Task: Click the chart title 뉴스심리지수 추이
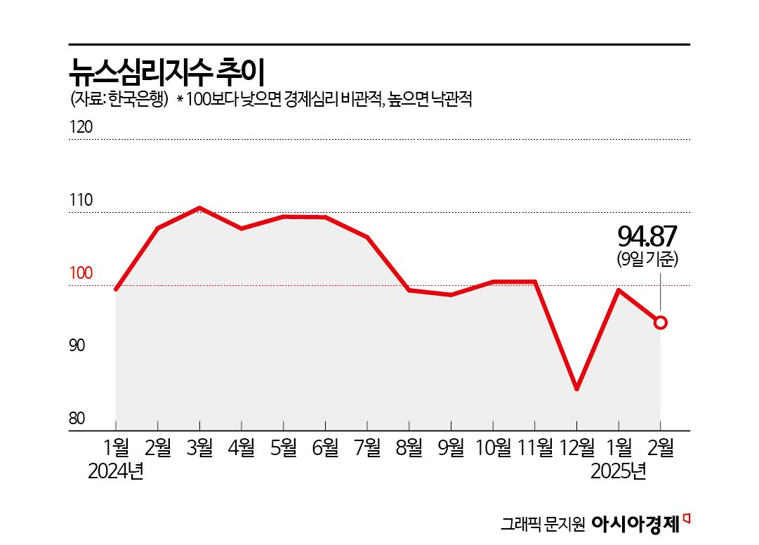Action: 166,69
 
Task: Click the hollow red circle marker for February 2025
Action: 661,322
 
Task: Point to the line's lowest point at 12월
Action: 576,388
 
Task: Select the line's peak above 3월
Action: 199,208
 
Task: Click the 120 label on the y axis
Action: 81,128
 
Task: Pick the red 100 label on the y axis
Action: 81,273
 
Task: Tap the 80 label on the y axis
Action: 77,419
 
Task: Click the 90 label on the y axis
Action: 77,346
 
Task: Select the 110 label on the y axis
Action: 81,201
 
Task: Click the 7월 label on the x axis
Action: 367,447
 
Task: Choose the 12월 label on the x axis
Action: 576,447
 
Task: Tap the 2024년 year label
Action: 115,471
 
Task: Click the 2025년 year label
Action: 618,471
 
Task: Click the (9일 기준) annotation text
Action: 647,259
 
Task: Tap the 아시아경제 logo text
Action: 636,523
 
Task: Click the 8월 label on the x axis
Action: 409,447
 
